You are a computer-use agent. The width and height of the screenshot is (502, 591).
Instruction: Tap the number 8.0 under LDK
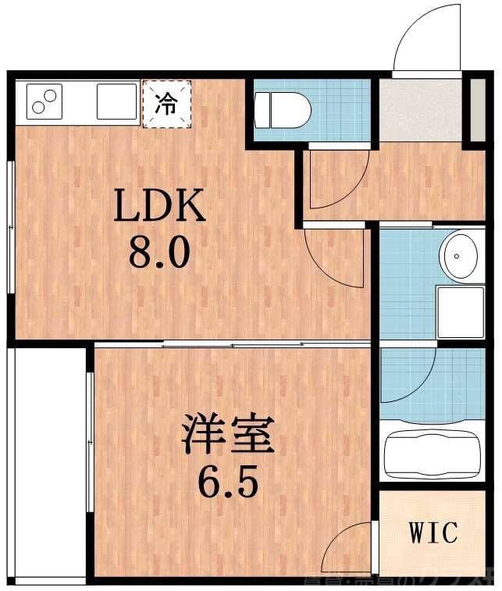click(x=159, y=253)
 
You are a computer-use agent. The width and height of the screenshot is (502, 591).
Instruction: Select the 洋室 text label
click(x=228, y=436)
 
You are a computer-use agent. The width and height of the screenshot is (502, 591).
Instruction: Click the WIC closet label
click(x=433, y=534)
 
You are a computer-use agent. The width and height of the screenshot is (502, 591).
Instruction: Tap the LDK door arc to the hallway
click(x=333, y=258)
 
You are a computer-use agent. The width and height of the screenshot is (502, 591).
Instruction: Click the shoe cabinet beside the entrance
click(x=475, y=109)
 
